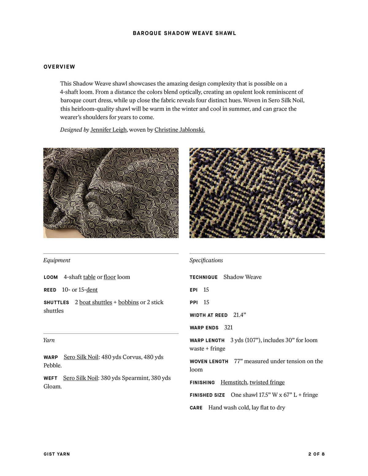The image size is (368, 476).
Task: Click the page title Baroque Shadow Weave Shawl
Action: tap(184, 33)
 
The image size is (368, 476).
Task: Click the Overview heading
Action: tap(59, 67)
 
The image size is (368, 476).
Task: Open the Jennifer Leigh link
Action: tap(108, 130)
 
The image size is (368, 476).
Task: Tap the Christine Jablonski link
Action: tap(179, 130)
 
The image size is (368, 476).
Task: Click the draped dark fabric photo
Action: tap(111, 193)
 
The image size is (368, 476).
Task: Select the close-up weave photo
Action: tap(257, 193)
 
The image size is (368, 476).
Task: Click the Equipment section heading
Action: tap(57, 260)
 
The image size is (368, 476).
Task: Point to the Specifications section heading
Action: tap(206, 260)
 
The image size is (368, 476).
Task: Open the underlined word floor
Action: tap(109, 277)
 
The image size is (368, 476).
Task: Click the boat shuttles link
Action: tap(96, 302)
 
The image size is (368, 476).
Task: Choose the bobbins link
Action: tap(128, 302)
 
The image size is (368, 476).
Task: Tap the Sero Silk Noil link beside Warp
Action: tap(81, 357)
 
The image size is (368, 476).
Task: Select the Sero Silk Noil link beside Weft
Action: tap(80, 378)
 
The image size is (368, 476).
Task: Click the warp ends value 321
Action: tap(228, 327)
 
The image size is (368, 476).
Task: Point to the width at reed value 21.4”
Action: tap(240, 315)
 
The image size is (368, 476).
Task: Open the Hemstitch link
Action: tap(234, 382)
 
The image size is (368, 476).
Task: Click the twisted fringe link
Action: tap(267, 382)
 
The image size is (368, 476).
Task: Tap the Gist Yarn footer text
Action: tap(57, 454)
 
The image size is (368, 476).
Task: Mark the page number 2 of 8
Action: tap(316, 454)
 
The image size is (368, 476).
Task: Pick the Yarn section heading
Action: tap(49, 340)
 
